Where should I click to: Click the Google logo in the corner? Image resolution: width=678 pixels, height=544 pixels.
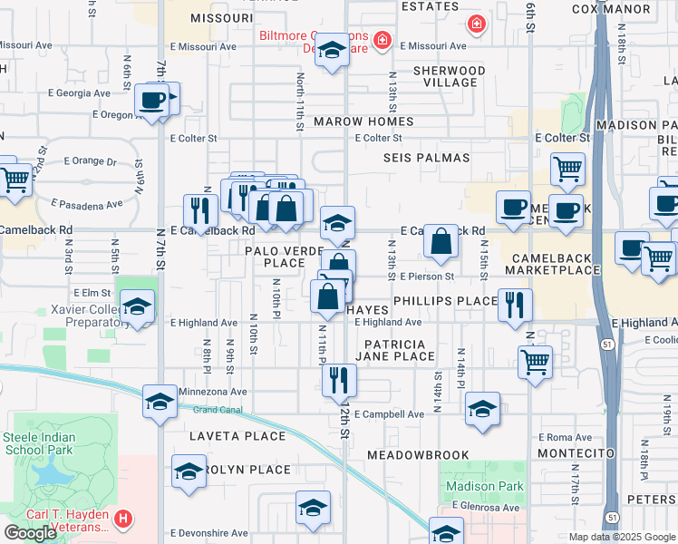coord(30,532)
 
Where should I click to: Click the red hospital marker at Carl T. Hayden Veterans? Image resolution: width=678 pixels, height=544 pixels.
coord(124,520)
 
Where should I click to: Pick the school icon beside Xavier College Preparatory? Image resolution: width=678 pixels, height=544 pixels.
coord(137,307)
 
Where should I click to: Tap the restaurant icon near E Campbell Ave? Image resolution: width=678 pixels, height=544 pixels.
coord(339,379)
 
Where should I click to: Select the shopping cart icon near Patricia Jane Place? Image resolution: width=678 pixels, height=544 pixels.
coord(535,361)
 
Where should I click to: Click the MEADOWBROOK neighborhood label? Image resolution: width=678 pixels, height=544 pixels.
coord(418,454)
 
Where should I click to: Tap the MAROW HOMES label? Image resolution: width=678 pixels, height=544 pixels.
coord(363,121)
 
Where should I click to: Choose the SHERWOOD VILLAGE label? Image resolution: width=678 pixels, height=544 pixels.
coord(449,76)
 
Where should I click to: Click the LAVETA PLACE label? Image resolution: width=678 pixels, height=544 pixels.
coord(225,436)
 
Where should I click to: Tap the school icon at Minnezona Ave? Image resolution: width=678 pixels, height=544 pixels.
coord(160,401)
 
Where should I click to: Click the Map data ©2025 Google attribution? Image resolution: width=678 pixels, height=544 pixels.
coord(621,537)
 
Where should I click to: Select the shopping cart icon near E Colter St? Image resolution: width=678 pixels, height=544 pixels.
coord(567,168)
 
